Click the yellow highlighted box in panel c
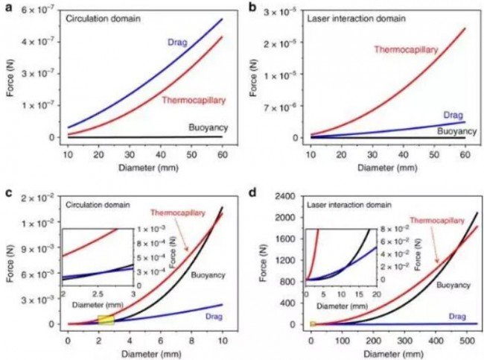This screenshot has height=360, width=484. pos(106,320)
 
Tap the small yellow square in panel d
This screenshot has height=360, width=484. pos(313,324)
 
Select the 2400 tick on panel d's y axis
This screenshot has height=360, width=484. pos(286,197)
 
